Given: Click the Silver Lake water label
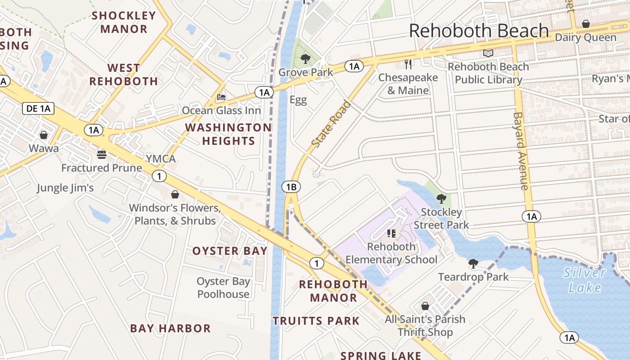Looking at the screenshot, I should tap(585, 280).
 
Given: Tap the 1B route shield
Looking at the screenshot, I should tap(291, 187).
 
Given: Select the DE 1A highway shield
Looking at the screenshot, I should tap(38, 108).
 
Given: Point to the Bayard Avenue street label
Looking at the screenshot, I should tap(520, 151).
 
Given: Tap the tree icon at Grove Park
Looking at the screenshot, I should tap(306, 58).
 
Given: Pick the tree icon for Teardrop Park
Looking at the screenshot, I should tap(473, 263).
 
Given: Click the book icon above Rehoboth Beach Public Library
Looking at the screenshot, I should tap(488, 54).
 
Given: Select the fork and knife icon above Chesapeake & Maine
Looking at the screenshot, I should tap(408, 64).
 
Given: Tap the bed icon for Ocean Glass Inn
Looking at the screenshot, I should tap(221, 97).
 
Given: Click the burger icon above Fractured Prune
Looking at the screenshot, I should tap(102, 155).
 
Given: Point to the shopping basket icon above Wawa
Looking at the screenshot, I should tap(44, 135).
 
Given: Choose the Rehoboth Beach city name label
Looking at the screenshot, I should tap(479, 31).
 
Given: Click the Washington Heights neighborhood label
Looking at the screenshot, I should tap(228, 134).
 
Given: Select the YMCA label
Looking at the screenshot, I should tap(161, 159).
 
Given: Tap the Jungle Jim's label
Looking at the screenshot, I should tap(65, 188).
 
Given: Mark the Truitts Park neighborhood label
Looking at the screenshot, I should tap(316, 321).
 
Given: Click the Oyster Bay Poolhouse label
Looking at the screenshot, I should tap(223, 288).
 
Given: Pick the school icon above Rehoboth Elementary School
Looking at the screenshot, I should tap(391, 233).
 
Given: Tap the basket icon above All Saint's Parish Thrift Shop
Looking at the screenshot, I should tap(425, 306).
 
